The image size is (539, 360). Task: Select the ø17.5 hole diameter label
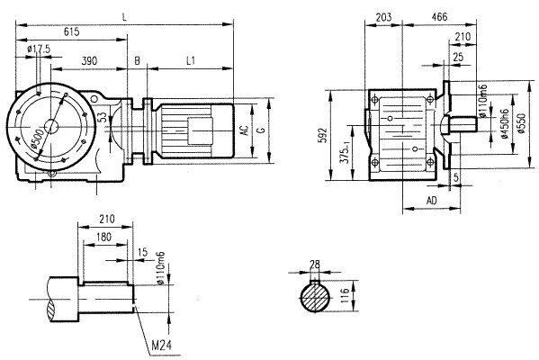38,48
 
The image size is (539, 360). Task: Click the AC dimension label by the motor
244,130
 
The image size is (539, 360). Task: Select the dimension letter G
261,130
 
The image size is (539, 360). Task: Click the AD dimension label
431,199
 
